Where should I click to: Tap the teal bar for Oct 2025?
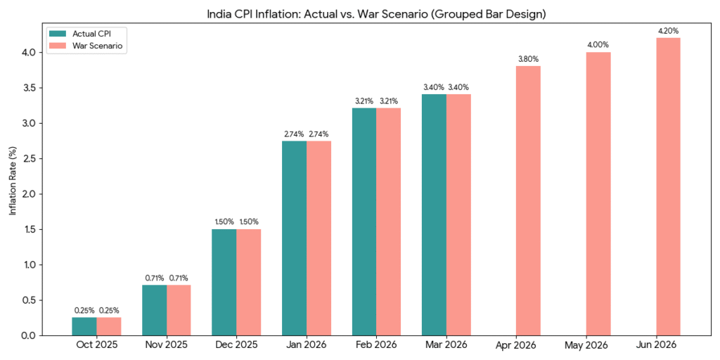pos(84,326)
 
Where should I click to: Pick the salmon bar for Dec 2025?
pos(248,282)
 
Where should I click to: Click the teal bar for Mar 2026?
pos(434,214)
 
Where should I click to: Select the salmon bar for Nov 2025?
pos(179,310)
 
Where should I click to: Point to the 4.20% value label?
pos(668,31)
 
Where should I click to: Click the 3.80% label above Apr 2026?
pos(528,59)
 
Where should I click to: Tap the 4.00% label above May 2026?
pos(598,45)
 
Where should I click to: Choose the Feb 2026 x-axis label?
pos(376,345)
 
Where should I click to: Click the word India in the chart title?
pos(218,13)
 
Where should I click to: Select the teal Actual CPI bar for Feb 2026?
pos(364,221)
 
